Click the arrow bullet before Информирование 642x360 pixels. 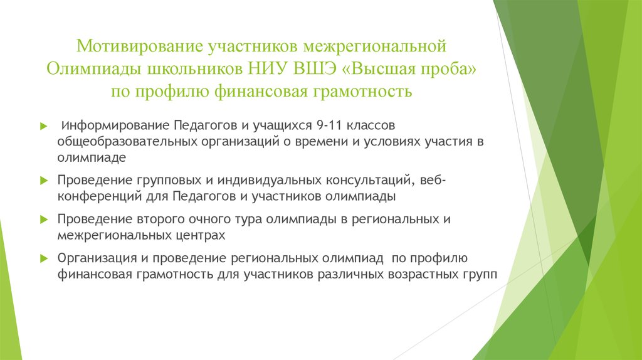point(43,126)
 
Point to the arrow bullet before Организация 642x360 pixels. point(43,258)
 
